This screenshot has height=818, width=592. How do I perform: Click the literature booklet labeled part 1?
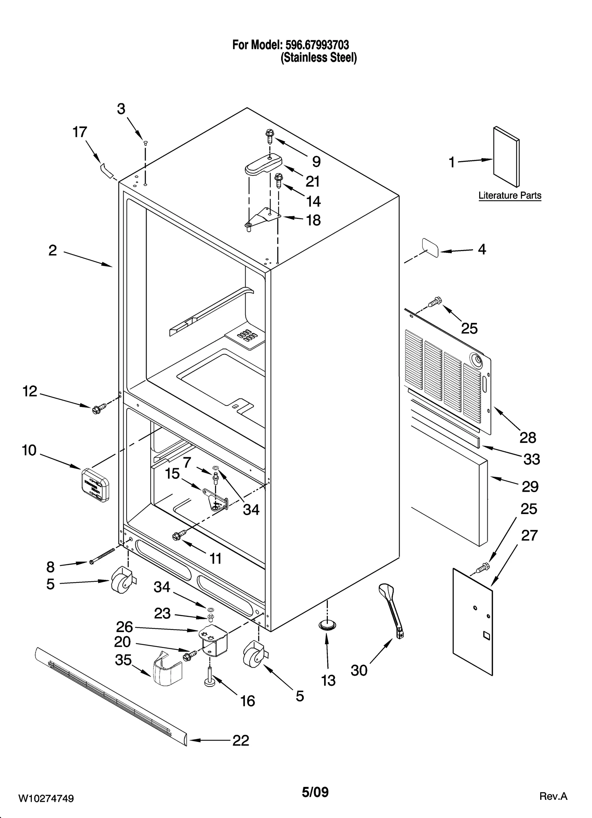coord(506,157)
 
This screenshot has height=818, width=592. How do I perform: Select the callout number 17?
coord(80,132)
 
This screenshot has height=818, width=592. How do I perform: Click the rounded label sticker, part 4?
coord(430,247)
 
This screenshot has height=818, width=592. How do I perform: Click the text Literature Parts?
coord(509,195)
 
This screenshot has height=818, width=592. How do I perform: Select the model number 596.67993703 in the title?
coord(317,45)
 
